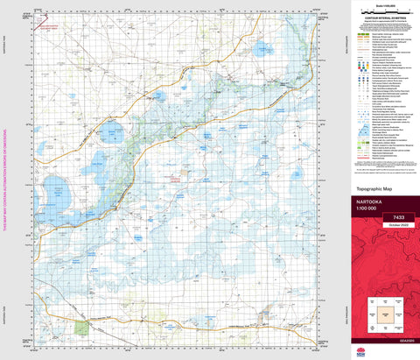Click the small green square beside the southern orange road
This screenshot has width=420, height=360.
83,327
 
